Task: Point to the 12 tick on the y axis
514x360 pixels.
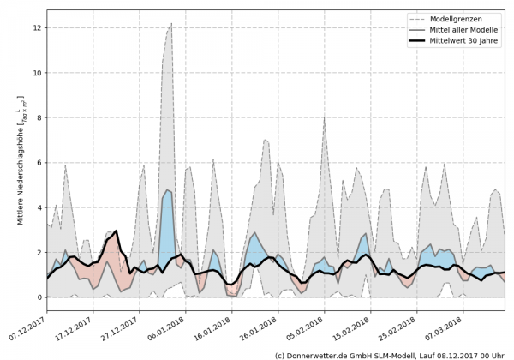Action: click(x=37, y=27)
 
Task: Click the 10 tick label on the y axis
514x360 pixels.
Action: click(x=37, y=73)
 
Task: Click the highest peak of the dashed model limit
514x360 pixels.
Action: click(x=171, y=24)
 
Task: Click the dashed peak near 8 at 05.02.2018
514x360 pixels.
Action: click(x=324, y=117)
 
